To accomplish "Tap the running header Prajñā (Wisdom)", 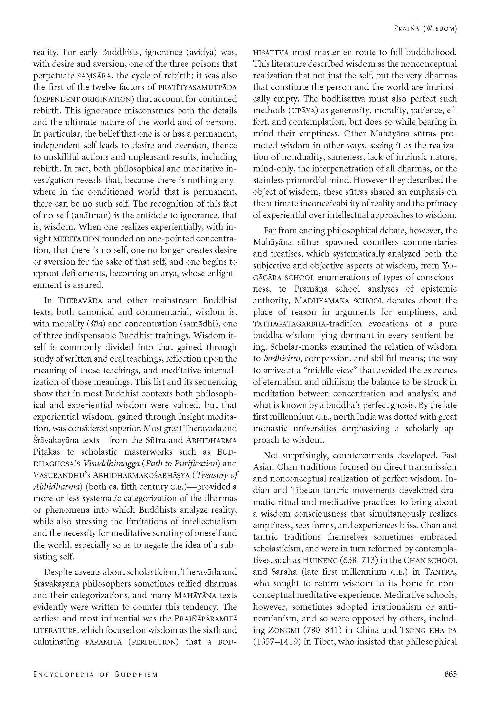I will point(425,28).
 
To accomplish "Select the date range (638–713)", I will point(363,560).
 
